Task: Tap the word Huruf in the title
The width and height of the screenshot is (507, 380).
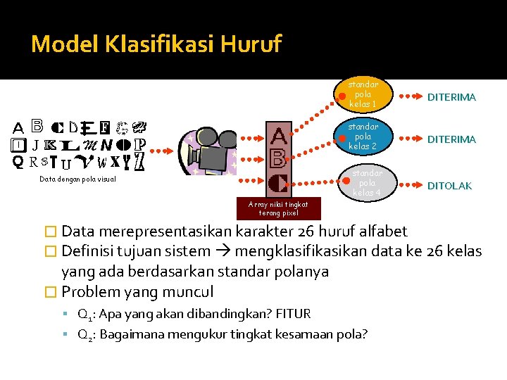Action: coord(251,44)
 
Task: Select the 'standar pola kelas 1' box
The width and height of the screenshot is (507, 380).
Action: coord(363,94)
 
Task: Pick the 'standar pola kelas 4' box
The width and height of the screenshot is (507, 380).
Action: coord(367,182)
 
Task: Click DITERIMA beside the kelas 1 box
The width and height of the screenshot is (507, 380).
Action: coord(451,97)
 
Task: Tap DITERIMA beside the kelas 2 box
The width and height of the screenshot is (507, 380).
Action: coord(451,139)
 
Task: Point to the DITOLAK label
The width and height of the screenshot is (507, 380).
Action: coord(450,186)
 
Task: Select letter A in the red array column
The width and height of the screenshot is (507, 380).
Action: coord(279,134)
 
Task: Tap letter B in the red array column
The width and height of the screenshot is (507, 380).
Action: coord(278,158)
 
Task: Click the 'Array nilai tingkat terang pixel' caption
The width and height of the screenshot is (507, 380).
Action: coord(278,208)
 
